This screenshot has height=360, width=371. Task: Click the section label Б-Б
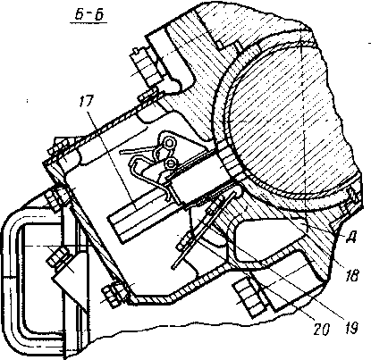tap(89, 14)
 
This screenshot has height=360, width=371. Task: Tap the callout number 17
tap(86, 102)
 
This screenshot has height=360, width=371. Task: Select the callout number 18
tap(351, 276)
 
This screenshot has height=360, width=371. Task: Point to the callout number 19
tap(351, 328)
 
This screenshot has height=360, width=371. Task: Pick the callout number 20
tap(321, 329)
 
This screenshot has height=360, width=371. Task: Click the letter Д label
tap(351, 238)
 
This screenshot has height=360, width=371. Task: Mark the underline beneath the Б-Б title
tap(89, 23)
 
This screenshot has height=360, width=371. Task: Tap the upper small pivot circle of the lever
tap(169, 143)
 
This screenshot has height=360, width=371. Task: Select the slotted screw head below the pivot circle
tap(171, 163)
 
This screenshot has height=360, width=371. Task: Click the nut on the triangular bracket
tap(57, 257)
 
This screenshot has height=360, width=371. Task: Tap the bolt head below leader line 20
tap(248, 297)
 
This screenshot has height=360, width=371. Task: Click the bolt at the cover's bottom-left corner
tap(114, 294)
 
